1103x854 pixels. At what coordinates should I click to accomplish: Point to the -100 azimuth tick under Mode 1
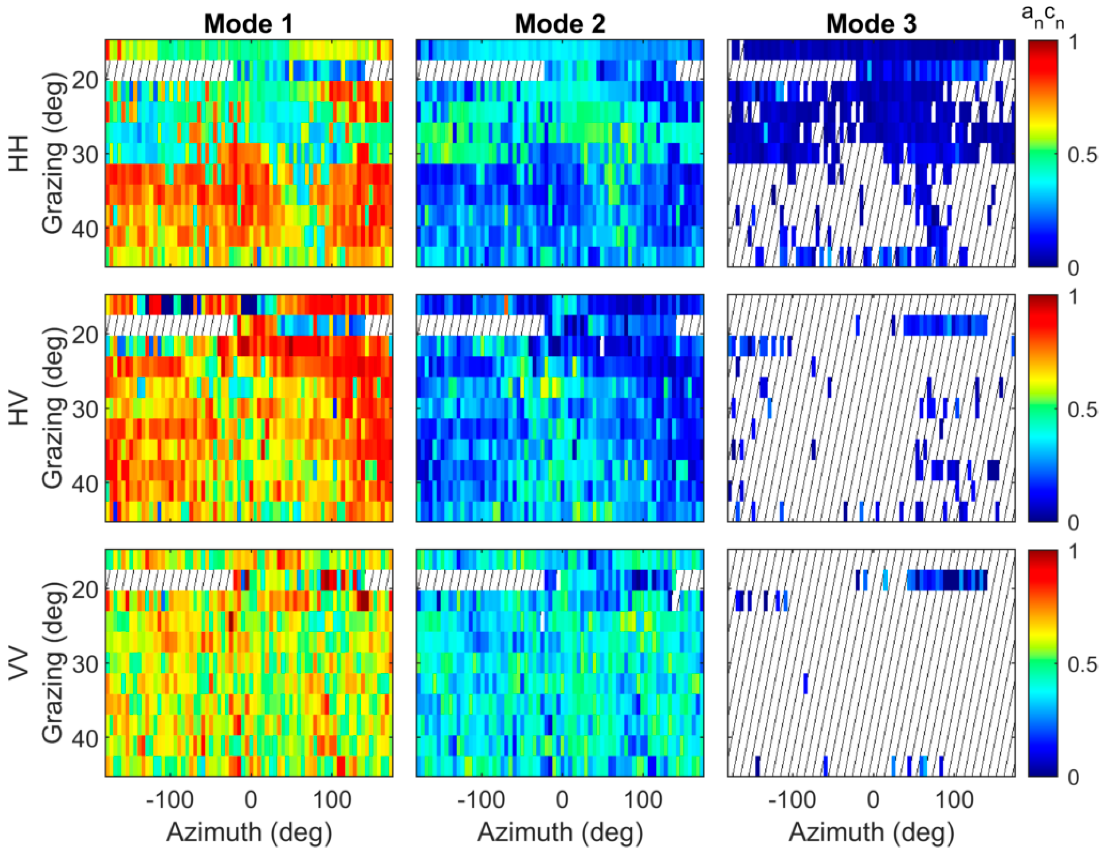[x=170, y=800]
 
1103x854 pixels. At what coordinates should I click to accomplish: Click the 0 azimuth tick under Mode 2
[x=562, y=800]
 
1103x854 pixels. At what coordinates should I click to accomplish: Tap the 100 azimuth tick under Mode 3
[x=953, y=800]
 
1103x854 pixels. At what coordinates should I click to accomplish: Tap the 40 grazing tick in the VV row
[x=84, y=738]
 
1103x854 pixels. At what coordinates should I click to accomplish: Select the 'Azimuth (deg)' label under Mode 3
[x=871, y=832]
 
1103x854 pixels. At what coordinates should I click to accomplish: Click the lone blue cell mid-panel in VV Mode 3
[x=806, y=683]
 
